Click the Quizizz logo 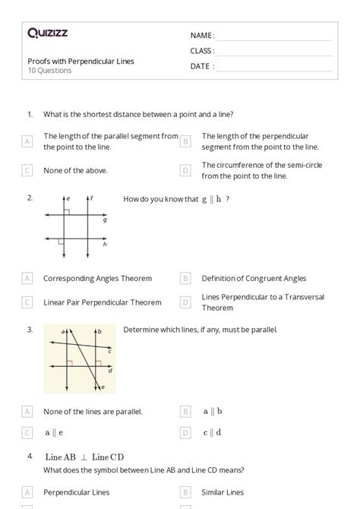[x=47, y=33]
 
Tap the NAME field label [x=202, y=36]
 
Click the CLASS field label [x=202, y=51]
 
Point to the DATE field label [x=202, y=66]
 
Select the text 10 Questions [x=50, y=71]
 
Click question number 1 [x=30, y=114]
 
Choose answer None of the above [x=75, y=170]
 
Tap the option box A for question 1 [x=27, y=141]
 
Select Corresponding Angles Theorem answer [x=97, y=278]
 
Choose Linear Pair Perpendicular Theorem [x=102, y=302]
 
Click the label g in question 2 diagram [x=105, y=220]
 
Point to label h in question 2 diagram [x=105, y=244]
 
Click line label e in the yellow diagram [x=104, y=387]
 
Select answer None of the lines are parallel [x=93, y=412]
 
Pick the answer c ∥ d [x=213, y=432]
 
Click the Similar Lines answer [x=223, y=492]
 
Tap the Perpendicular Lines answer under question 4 [x=77, y=492]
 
